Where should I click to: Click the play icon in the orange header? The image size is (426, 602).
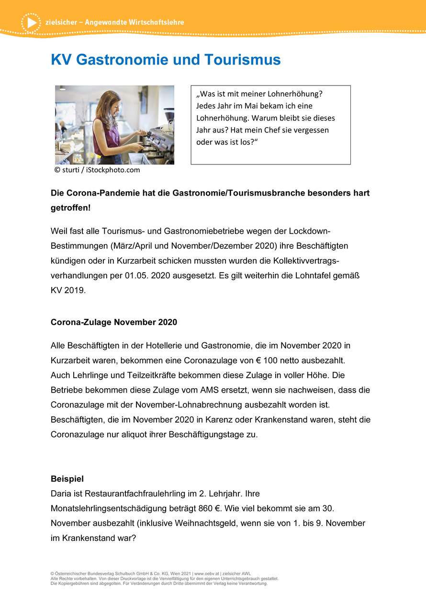tap(31, 22)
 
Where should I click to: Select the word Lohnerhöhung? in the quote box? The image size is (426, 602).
tap(295, 94)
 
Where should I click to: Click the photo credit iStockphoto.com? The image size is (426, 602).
tap(113, 170)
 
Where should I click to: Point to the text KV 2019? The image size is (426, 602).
tap(68, 291)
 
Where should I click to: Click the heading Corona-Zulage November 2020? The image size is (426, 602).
tap(114, 322)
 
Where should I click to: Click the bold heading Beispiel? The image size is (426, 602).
tap(67, 479)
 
